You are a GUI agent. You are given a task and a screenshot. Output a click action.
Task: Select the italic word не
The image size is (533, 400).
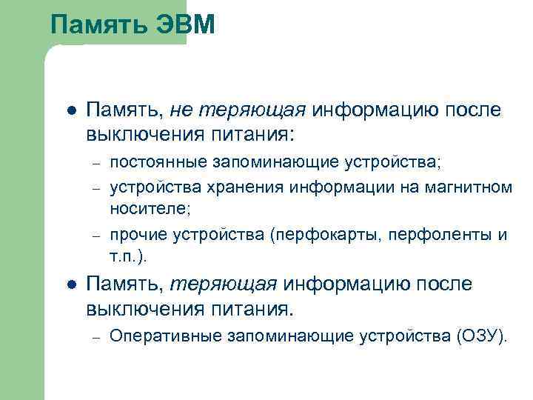pyautogui.click(x=179, y=110)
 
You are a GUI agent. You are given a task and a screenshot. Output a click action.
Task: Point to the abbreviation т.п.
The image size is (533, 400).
pyautogui.click(x=124, y=257)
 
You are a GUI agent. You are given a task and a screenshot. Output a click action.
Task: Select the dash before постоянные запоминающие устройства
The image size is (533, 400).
pyautogui.click(x=95, y=162)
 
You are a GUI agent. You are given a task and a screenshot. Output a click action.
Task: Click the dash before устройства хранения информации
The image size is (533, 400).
pyautogui.click(x=95, y=187)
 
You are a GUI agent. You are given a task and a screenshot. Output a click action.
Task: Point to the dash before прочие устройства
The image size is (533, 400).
pyautogui.click(x=95, y=236)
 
